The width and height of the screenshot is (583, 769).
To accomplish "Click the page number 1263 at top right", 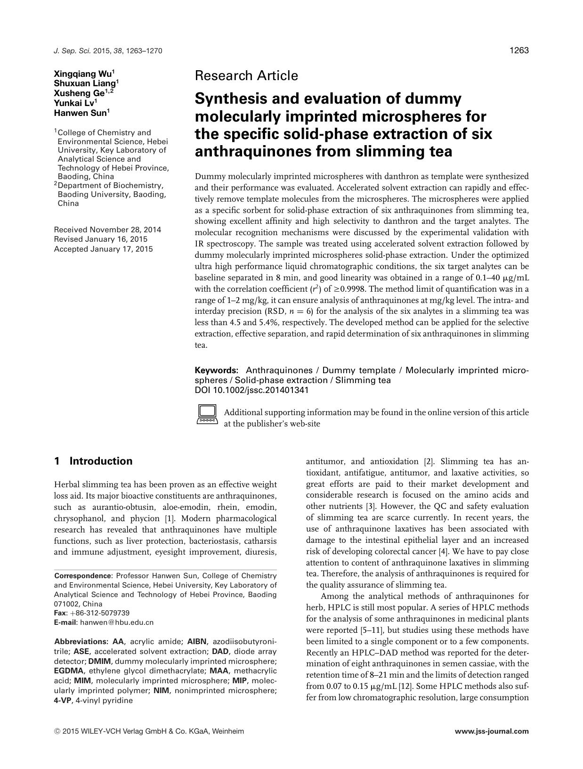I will click(x=519, y=50).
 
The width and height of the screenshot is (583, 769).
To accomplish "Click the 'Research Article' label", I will click(x=246, y=75).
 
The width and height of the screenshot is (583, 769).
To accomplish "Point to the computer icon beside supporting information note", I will click(x=206, y=414).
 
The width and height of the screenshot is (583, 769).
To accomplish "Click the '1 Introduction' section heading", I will click(x=93, y=461).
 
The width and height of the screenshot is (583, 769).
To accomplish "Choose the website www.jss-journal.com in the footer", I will click(x=492, y=731).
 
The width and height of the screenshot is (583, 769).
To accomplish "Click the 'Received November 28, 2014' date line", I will click(x=107, y=230).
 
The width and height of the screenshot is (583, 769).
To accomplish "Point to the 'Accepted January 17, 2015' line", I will click(x=104, y=249).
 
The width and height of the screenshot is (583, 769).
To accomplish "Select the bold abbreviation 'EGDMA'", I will click(x=69, y=671).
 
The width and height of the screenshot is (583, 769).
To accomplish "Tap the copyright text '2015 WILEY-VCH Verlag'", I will click(x=101, y=731).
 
